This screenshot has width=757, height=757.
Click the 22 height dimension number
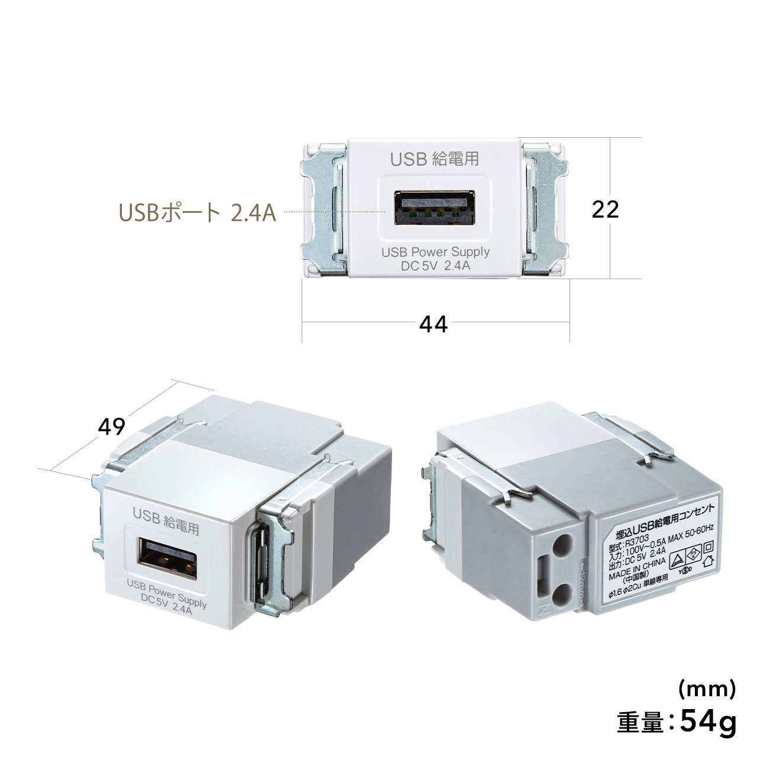604,209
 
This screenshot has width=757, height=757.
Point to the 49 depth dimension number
112,426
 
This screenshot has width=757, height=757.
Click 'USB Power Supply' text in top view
435,251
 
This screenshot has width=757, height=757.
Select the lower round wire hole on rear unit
565,592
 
